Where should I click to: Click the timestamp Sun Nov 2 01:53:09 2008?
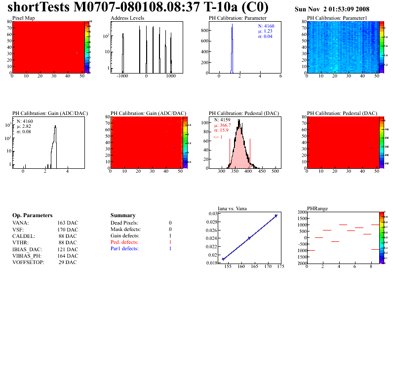(331, 9)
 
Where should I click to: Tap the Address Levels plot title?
(127, 18)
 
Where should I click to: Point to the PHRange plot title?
(316, 208)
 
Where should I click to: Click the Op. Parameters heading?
(32, 216)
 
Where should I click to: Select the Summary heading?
(123, 216)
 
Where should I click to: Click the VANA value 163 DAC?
(68, 223)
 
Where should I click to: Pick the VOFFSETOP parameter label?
(28, 262)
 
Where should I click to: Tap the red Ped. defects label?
(124, 242)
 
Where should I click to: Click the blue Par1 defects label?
(124, 249)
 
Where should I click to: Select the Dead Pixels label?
(124, 223)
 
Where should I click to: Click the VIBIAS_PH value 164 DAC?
(68, 256)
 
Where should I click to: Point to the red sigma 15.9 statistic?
(221, 131)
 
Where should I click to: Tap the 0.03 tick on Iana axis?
(212, 214)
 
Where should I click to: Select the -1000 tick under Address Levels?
(122, 77)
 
